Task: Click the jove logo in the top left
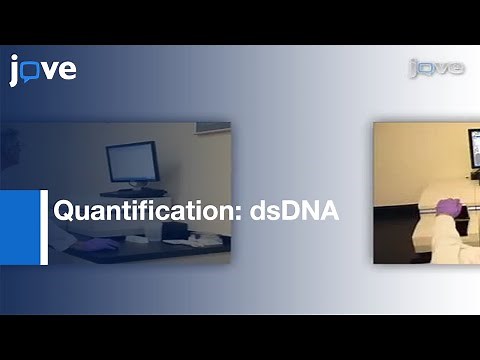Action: tap(42, 70)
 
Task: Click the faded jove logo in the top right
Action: tap(436, 68)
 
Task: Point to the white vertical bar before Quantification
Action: tap(44, 227)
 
